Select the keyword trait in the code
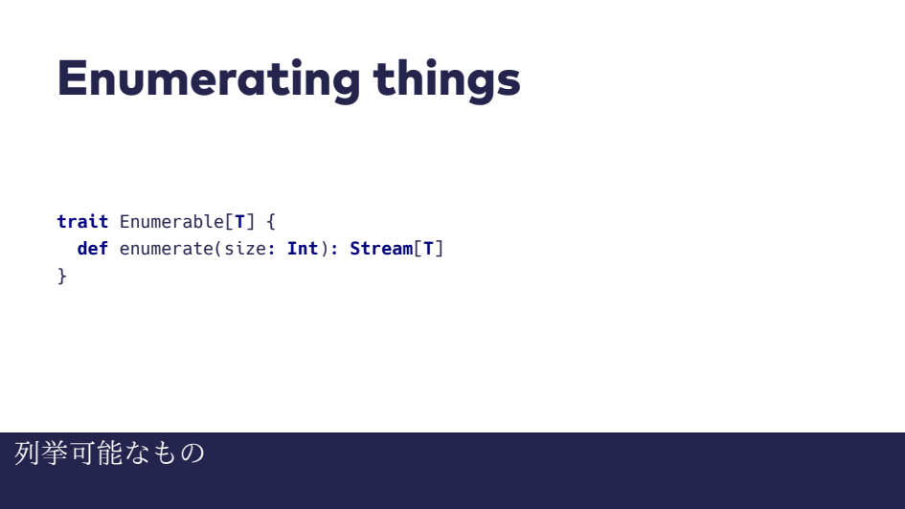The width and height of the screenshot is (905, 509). (82, 221)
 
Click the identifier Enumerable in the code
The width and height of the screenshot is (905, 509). (171, 221)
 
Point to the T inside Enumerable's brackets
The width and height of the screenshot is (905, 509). (239, 221)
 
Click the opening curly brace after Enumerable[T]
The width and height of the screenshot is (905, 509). (271, 222)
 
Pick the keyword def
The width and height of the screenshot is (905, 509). (92, 249)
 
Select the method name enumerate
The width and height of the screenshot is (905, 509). (167, 249)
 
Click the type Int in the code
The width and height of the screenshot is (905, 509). (303, 249)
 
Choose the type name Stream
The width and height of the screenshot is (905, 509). (381, 249)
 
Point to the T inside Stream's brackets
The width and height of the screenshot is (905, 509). (428, 249)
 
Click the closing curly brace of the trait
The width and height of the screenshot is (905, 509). (62, 277)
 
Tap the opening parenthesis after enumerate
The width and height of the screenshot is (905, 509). (218, 249)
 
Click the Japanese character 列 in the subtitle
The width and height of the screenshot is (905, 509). (27, 454)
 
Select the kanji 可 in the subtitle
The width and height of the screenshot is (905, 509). (82, 454)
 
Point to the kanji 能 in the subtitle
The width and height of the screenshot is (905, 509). (110, 454)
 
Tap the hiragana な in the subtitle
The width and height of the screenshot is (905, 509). (137, 454)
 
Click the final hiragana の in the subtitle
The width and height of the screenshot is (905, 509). (192, 454)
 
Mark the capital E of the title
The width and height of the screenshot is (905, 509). (72, 77)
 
